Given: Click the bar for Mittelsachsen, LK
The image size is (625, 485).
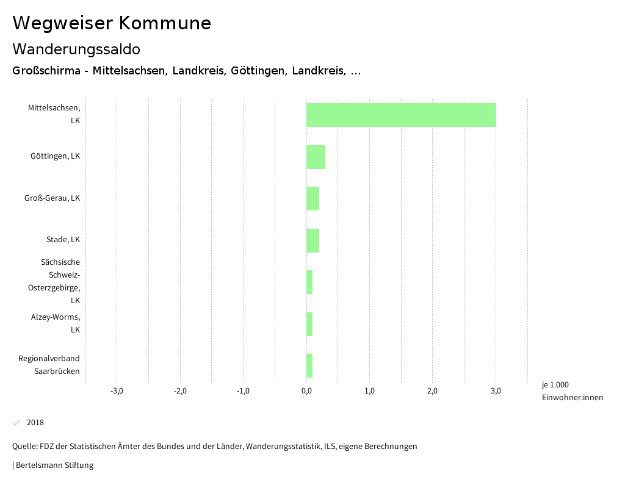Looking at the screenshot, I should [400, 115].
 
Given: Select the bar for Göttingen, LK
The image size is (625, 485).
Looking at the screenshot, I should [316, 157].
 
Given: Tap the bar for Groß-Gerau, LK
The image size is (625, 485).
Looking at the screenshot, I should [312, 198].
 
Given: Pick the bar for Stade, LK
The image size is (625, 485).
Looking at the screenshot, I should [312, 240].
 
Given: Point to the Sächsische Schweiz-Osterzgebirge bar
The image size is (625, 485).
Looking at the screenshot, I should [309, 282].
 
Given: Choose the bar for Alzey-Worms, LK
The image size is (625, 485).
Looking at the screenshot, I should [309, 324].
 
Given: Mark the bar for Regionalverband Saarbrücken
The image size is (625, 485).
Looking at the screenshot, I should [309, 365].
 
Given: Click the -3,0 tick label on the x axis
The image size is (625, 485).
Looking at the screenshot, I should [117, 391].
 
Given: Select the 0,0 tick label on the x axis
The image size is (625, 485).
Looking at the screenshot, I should [306, 391].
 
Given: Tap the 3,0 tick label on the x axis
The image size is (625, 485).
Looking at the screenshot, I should [496, 391].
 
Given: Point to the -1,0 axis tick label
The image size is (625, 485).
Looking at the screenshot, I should [243, 391].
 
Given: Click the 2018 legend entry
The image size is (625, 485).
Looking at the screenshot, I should [35, 423].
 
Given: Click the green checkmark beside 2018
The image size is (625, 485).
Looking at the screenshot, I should [16, 423].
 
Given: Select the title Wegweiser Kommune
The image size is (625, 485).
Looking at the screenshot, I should [112, 23].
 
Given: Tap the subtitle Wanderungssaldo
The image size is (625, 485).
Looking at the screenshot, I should [76, 49].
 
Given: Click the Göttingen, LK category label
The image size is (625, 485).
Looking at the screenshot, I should [55, 156].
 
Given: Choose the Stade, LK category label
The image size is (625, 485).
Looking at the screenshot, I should [63, 240].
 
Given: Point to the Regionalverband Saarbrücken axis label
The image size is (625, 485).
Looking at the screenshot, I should [49, 365].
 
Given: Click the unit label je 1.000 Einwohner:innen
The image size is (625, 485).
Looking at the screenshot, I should [572, 391].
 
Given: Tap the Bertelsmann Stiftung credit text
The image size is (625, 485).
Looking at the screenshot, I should [54, 465].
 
